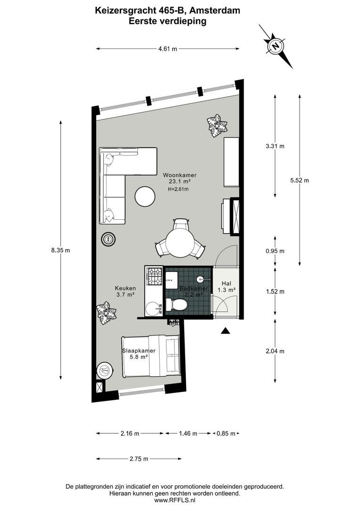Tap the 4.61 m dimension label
[167, 49]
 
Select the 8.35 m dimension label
[60, 250]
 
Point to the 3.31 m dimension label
[275, 146]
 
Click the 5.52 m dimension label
[300, 180]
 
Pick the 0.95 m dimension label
[275, 251]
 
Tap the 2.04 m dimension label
[275, 351]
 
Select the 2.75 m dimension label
[139, 459]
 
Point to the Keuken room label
[125, 288]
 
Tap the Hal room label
[226, 283]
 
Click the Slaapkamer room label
[139, 351]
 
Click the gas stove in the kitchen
[154, 277]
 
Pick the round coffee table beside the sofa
[145, 197]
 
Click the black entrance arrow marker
[226, 331]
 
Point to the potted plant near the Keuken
[106, 313]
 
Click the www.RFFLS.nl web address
[174, 501]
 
